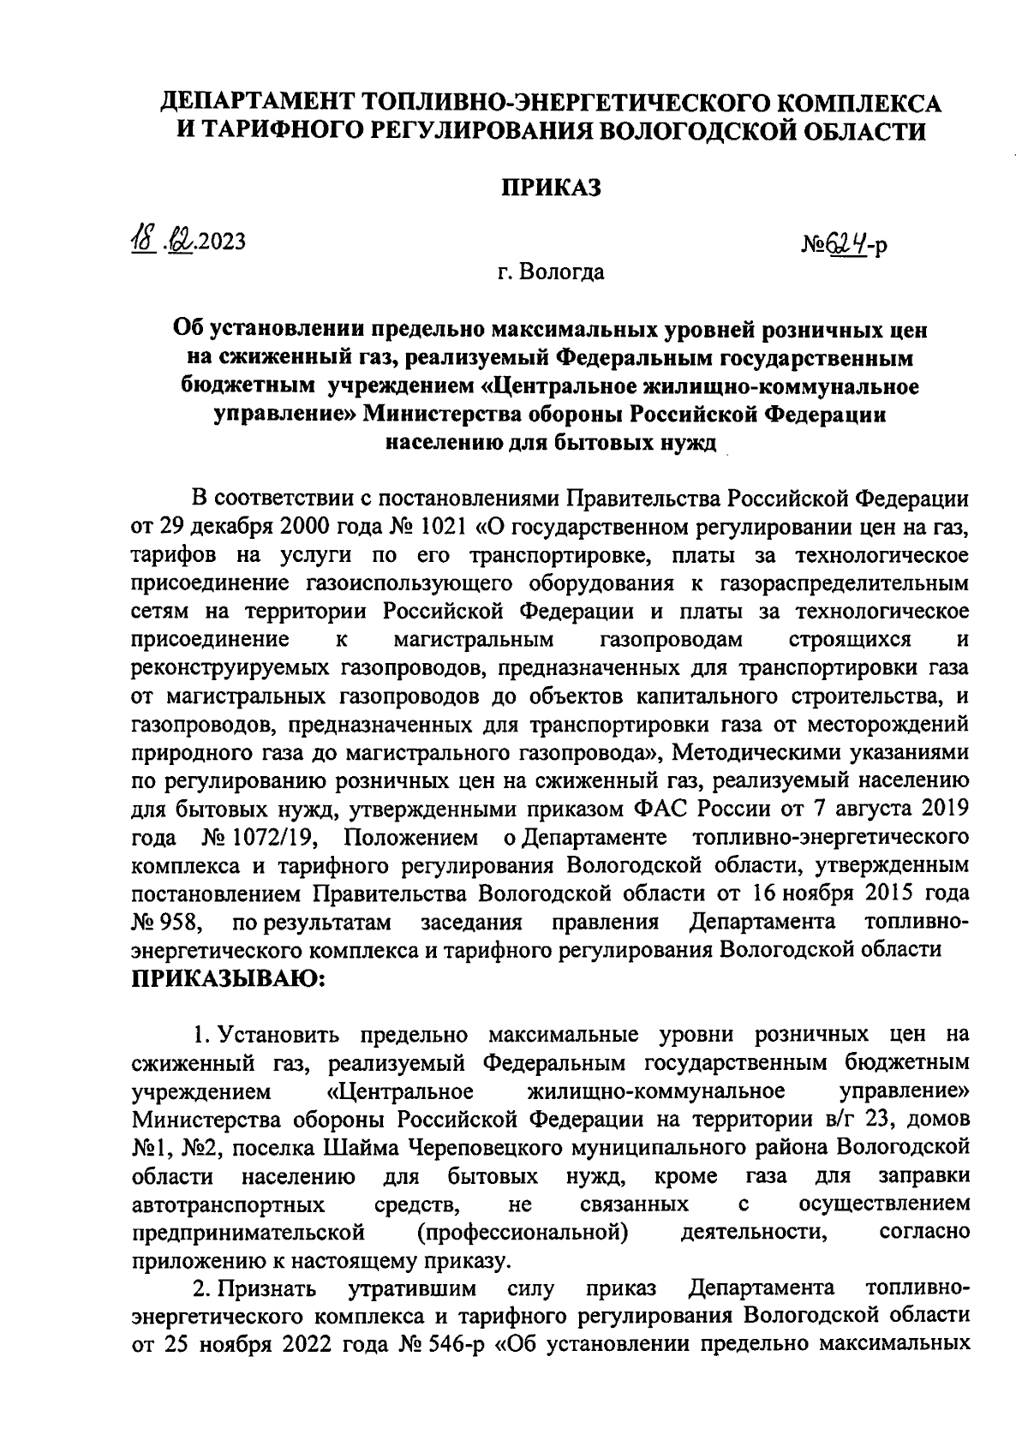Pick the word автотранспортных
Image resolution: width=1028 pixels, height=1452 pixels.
pyautogui.click(x=229, y=1204)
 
